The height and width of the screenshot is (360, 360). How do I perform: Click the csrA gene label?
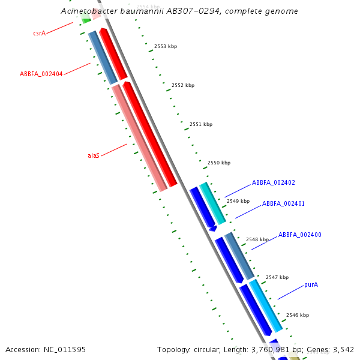[40, 33]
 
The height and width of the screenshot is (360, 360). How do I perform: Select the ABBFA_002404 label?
[41, 74]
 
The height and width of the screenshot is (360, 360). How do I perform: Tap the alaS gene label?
[94, 155]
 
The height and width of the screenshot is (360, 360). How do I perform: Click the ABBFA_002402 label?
[274, 182]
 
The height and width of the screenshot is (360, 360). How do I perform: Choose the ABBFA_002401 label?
[283, 203]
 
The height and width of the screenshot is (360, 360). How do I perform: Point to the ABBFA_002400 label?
[300, 235]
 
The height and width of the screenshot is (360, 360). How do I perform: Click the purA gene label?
[311, 284]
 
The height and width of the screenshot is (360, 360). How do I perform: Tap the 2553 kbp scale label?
[166, 46]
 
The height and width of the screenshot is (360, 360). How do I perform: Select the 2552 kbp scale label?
[183, 85]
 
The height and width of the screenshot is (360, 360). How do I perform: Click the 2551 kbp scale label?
[201, 124]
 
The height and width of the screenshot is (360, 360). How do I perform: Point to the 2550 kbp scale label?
[219, 163]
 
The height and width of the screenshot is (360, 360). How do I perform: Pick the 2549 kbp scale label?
[238, 201]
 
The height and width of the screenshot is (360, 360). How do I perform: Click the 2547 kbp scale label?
[277, 277]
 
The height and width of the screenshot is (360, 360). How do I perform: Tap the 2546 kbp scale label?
[298, 315]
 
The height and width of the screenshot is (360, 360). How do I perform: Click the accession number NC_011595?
[65, 350]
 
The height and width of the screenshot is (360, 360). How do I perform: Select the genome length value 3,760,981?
[270, 350]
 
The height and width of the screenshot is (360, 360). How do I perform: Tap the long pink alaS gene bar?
[140, 138]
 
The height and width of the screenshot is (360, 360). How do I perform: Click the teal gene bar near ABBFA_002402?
[212, 203]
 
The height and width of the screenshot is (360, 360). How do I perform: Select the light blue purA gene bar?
[266, 305]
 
